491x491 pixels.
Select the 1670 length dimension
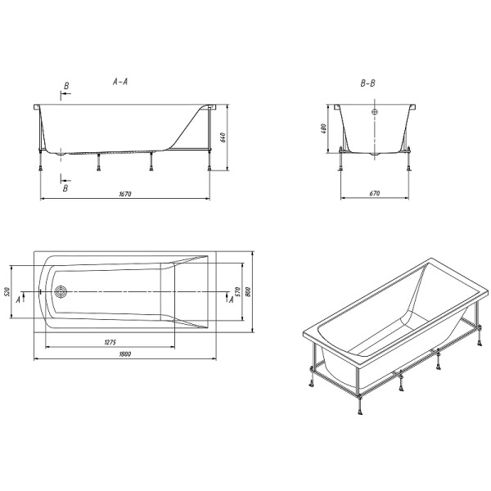coord(125,195)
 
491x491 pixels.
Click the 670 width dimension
coord(374,194)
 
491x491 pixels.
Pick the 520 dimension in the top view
coord(7,292)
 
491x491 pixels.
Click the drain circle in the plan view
coord(61,291)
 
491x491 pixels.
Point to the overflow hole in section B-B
coord(375,112)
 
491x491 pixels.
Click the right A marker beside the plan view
coord(232,300)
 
